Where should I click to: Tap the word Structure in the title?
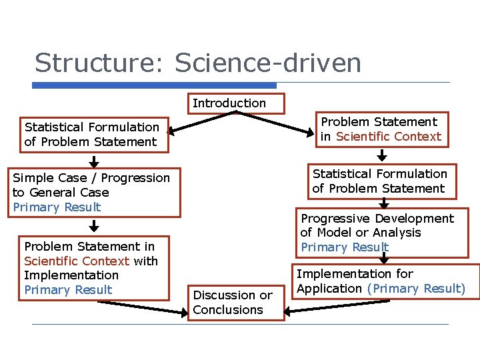[100, 63]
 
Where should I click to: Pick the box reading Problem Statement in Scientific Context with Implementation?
[93, 268]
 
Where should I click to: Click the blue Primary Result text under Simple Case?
[57, 207]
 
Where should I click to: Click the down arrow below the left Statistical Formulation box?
[94, 161]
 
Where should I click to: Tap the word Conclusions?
[228, 310]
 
